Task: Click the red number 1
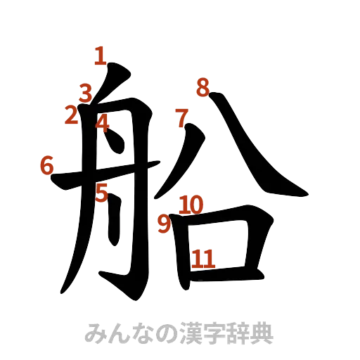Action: pos(101,56)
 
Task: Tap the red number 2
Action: pos(71,115)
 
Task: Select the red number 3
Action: pos(86,93)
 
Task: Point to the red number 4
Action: pos(103,124)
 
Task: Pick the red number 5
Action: pos(103,192)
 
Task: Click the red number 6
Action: pos(47,166)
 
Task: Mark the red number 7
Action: pos(182,117)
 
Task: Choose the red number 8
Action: pos(203,89)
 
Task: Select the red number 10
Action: pos(191,205)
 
